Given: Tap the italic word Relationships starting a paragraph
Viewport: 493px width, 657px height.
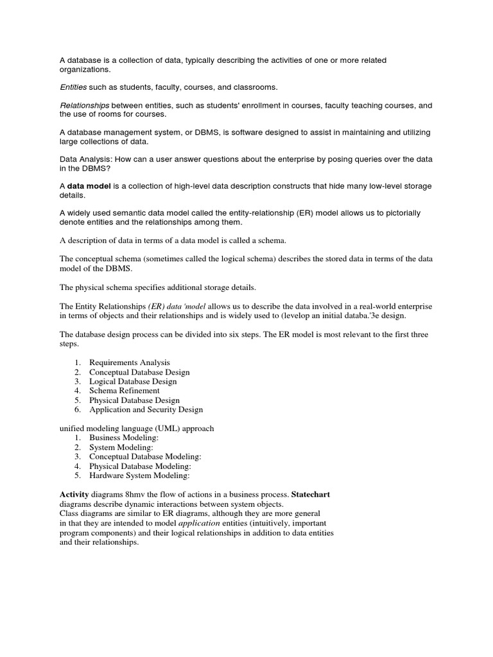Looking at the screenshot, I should coord(85,105).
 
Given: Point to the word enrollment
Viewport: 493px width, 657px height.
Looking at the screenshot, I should coord(279,105).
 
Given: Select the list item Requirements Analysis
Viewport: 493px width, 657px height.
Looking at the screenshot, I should coord(130,363).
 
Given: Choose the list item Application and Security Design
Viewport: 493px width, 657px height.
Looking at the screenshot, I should coord(146,409).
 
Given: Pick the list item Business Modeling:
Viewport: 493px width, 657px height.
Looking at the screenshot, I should coord(124,438).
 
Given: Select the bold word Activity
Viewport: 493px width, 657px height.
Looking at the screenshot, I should coord(73,495).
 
